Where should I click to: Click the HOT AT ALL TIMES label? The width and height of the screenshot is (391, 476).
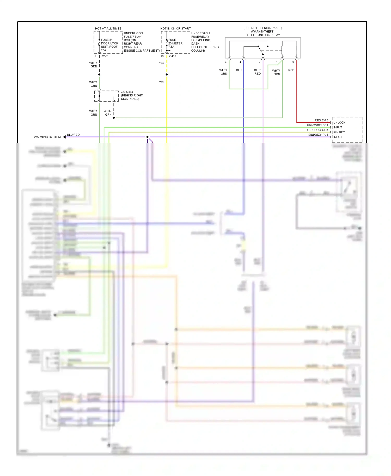point(108,28)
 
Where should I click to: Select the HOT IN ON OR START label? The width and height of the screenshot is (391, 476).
point(175,28)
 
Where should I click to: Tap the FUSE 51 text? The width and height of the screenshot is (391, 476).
point(107,40)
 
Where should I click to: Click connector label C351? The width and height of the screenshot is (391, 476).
point(105,56)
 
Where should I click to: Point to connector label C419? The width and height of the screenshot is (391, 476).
point(173,56)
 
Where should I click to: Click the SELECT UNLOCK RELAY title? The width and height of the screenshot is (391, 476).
point(262,35)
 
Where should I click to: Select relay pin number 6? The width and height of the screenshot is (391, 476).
point(293,62)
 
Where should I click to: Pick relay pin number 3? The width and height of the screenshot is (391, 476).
point(226,62)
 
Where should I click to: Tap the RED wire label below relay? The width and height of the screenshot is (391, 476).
point(291,70)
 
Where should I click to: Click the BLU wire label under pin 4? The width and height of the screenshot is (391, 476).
point(239,70)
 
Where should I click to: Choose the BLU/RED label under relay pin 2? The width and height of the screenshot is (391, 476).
point(257,72)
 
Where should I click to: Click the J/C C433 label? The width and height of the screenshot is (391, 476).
point(127,92)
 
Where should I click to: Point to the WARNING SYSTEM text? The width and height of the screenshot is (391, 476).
point(47,137)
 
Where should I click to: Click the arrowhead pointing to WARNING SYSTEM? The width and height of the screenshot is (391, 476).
point(64,137)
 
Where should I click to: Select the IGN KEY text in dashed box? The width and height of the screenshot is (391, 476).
point(339,132)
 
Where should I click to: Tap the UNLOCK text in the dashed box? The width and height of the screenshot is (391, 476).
point(339,123)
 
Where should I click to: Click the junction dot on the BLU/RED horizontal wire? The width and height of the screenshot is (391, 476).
point(148,137)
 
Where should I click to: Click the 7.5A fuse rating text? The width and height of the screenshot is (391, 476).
point(171,47)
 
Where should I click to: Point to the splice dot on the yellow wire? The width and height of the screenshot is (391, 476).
point(167,74)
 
